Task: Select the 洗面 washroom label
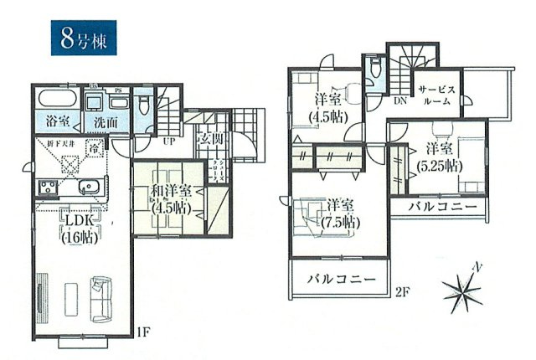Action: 106,121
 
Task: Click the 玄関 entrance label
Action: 209,138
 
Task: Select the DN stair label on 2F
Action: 401,101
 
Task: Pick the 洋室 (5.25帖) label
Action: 441,157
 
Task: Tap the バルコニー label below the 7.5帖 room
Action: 340,278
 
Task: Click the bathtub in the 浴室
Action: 57,100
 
